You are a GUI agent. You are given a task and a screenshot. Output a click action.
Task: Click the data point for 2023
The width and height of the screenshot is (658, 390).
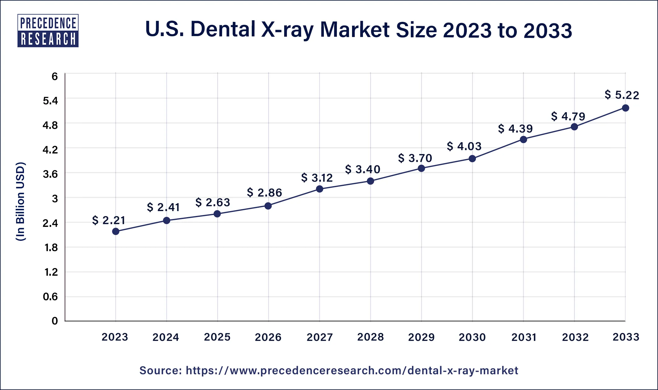(x=116, y=231)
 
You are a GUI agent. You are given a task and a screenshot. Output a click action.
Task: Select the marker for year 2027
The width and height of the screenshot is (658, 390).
(x=320, y=189)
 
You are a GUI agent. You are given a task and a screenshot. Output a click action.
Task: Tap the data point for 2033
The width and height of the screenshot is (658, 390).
(x=626, y=108)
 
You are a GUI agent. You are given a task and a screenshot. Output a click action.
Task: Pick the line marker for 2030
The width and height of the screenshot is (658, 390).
(x=472, y=159)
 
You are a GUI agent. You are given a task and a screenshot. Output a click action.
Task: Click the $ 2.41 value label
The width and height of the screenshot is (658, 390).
(x=163, y=207)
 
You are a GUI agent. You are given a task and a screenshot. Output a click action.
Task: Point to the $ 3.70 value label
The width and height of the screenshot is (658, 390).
(x=415, y=158)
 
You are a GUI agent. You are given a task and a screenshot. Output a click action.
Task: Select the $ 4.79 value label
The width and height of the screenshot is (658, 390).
(x=568, y=116)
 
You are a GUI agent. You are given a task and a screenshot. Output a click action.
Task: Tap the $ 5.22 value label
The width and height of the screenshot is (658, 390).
(x=622, y=95)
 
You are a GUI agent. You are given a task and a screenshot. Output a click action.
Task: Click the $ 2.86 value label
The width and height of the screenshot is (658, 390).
(x=264, y=193)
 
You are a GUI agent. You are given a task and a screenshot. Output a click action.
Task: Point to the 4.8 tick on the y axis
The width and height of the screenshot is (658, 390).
(x=50, y=125)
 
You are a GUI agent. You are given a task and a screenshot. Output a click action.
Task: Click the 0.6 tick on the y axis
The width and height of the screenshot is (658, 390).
(x=50, y=296)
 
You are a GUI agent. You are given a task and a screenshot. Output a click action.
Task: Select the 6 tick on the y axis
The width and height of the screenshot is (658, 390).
(x=55, y=76)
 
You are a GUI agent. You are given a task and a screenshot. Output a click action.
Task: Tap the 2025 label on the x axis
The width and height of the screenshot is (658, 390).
(x=217, y=337)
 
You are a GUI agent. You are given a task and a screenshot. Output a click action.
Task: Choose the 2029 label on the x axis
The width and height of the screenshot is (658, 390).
(x=421, y=337)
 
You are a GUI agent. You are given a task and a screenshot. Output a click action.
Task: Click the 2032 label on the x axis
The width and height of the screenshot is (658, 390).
(x=575, y=337)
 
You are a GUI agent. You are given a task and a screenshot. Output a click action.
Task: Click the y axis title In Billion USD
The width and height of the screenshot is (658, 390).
(x=20, y=201)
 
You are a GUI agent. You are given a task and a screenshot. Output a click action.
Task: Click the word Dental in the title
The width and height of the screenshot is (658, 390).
(x=223, y=29)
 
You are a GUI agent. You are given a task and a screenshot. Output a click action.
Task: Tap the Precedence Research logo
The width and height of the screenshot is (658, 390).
(x=48, y=31)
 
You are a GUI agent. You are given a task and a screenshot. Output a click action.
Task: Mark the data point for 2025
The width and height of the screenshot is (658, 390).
(x=217, y=214)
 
